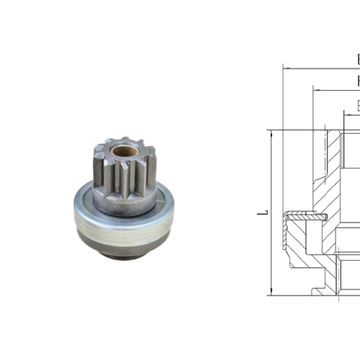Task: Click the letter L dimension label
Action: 264,213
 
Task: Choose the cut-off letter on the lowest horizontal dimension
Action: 358,105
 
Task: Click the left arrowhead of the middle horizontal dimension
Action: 316,91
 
